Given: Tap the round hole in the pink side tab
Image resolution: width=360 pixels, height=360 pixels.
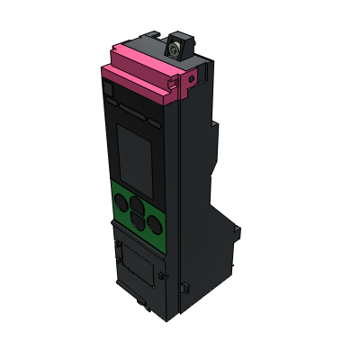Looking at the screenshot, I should tap(190, 79).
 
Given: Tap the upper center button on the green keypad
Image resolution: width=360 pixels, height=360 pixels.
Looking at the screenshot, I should tap(138, 203).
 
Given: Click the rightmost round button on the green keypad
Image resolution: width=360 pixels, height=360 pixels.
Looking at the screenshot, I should tap(156, 224).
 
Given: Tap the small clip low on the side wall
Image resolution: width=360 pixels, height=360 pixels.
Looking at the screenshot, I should tap(184, 288).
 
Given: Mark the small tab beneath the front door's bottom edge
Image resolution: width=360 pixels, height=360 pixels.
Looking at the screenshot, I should tap(145, 303).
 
